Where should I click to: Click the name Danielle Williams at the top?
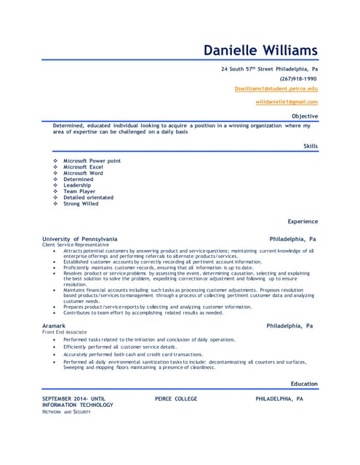(260, 50)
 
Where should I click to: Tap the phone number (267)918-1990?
(298, 78)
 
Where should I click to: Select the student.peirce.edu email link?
(276, 88)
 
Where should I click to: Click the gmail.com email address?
(287, 102)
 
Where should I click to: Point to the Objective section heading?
(304, 116)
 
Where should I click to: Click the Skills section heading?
(311, 146)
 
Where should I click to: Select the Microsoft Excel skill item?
(83, 167)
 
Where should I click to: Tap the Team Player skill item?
(80, 191)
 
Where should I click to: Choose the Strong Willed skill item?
(81, 203)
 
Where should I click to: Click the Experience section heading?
(303, 221)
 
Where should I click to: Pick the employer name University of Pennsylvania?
(79, 238)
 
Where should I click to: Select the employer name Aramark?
(55, 326)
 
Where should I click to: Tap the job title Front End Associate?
(65, 333)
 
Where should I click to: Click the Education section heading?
(304, 384)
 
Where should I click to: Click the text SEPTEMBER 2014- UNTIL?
(74, 400)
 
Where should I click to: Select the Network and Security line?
(66, 412)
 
